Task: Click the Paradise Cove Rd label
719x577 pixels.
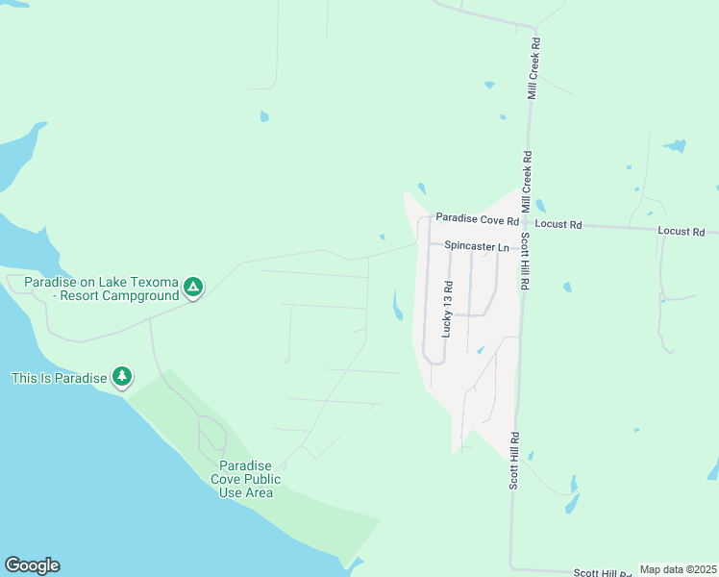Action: [476, 220]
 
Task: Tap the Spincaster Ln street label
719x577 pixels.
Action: [476, 247]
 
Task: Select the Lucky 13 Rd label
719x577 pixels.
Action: [446, 309]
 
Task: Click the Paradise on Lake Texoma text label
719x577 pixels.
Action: [101, 282]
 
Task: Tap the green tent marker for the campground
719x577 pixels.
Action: [193, 287]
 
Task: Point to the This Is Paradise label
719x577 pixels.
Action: [58, 378]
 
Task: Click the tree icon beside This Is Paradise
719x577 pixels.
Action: [121, 376]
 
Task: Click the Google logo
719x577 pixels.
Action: [32, 565]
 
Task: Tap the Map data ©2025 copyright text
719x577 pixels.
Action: [678, 569]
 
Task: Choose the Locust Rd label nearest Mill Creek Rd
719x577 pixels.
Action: [558, 225]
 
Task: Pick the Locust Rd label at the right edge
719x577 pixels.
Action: [682, 232]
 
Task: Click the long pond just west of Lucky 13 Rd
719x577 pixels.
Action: [397, 307]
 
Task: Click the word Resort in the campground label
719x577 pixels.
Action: [86, 296]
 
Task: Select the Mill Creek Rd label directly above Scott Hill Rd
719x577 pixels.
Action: [527, 182]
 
